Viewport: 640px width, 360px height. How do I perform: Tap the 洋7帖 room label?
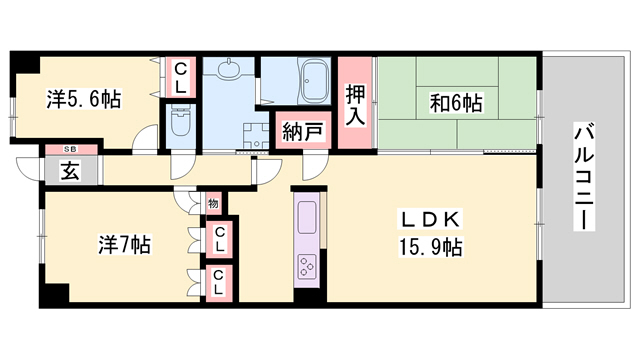point(124,244)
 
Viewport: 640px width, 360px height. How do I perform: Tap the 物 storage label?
point(213,203)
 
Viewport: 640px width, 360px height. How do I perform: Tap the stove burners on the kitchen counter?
point(304,266)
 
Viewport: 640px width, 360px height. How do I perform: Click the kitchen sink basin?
point(304,216)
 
